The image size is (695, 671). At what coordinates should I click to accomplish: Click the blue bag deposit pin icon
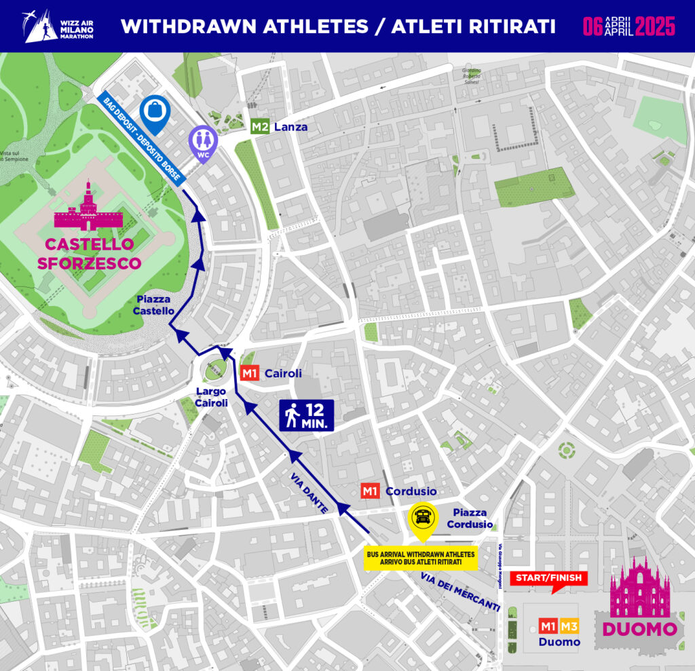click(x=155, y=112)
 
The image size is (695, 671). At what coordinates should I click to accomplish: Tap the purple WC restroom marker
click(x=203, y=143)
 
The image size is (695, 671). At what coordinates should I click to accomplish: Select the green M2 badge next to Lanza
click(x=260, y=126)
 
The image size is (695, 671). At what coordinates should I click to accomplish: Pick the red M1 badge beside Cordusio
click(x=370, y=491)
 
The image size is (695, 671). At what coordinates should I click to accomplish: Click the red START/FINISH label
click(x=548, y=579)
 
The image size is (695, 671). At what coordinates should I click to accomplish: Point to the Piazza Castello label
click(x=155, y=304)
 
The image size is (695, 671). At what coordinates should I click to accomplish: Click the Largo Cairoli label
click(x=211, y=397)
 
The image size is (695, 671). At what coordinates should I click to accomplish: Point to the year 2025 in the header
click(x=656, y=26)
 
